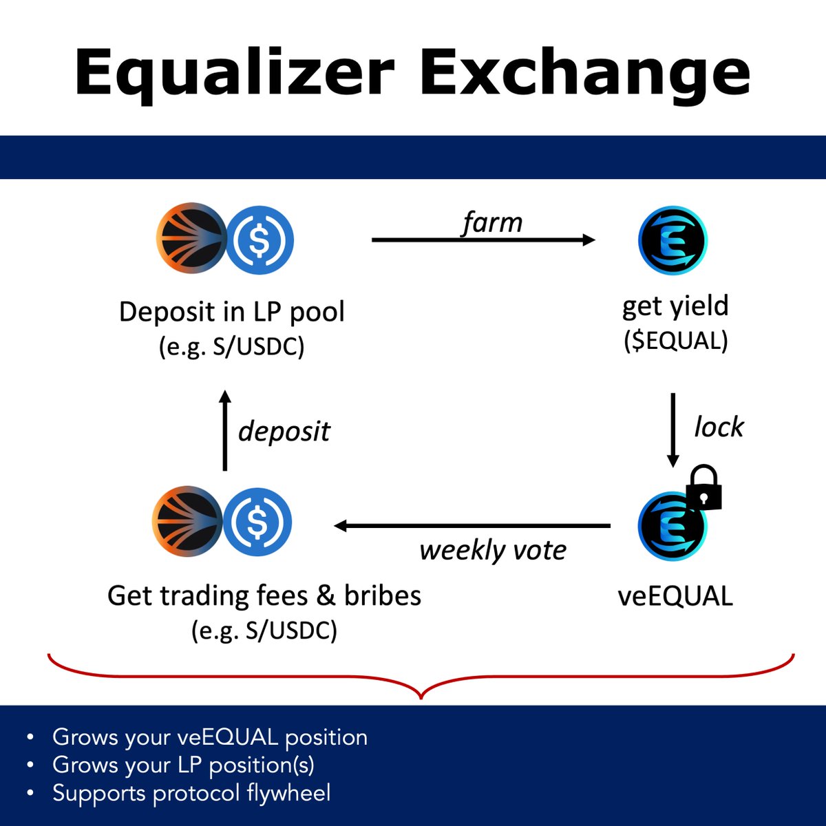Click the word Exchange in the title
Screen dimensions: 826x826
pos(584,72)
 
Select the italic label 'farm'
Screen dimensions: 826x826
pos(491,223)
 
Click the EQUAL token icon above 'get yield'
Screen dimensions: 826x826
pos(673,240)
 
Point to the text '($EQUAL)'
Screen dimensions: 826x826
pos(675,341)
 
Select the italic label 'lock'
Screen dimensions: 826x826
pos(719,427)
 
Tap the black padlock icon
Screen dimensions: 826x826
pos(703,488)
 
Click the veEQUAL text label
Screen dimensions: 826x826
pos(675,596)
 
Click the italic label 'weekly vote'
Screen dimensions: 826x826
pos(493,551)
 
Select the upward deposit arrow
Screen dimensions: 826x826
pos(224,430)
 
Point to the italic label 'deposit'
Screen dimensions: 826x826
pos(284,432)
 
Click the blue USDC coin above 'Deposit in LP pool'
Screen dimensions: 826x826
pos(260,240)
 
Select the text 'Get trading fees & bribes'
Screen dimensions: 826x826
pos(264,595)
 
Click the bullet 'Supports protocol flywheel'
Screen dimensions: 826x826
pos(191,793)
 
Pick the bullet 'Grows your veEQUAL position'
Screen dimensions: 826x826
pos(209,737)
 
